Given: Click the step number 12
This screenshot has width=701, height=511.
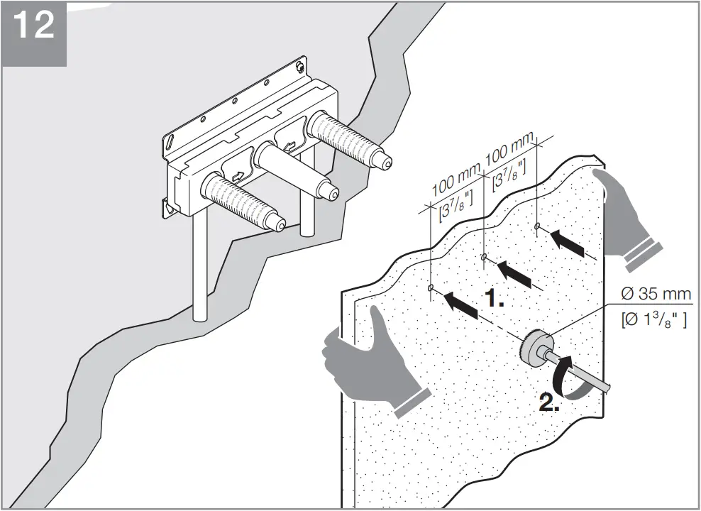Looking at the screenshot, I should pyautogui.click(x=33, y=26).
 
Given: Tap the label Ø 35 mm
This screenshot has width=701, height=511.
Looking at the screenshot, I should pyautogui.click(x=655, y=294).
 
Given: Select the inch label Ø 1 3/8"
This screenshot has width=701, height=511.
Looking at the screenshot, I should pyautogui.click(x=653, y=320).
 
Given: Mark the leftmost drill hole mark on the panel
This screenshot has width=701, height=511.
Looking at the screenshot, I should pyautogui.click(x=431, y=288).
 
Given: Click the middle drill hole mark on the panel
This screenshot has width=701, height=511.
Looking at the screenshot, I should pyautogui.click(x=484, y=257).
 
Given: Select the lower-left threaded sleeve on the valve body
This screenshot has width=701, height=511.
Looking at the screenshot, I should pyautogui.click(x=241, y=202).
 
